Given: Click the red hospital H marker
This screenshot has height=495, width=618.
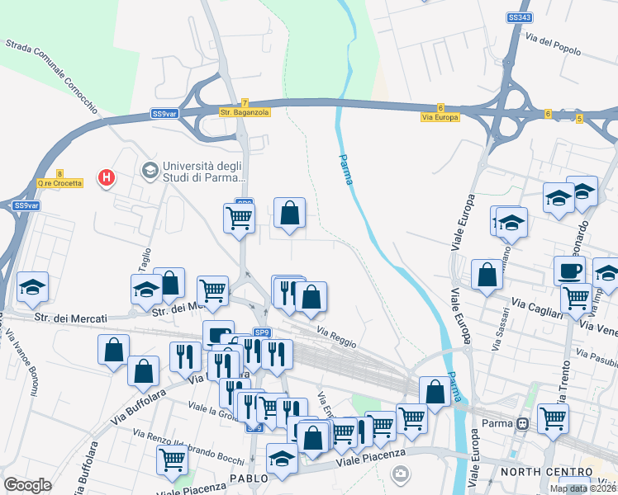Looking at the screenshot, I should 106,177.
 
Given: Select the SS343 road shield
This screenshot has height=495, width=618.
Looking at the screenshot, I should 518,16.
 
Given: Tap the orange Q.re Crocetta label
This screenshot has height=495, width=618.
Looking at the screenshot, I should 59,183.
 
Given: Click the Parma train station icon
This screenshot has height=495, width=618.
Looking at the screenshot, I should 522,425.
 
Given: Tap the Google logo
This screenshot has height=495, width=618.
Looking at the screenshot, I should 27,484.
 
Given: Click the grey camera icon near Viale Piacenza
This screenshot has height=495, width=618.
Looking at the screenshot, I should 400,473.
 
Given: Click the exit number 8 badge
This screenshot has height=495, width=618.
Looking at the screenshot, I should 59,173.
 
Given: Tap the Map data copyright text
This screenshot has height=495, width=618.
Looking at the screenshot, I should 582,488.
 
